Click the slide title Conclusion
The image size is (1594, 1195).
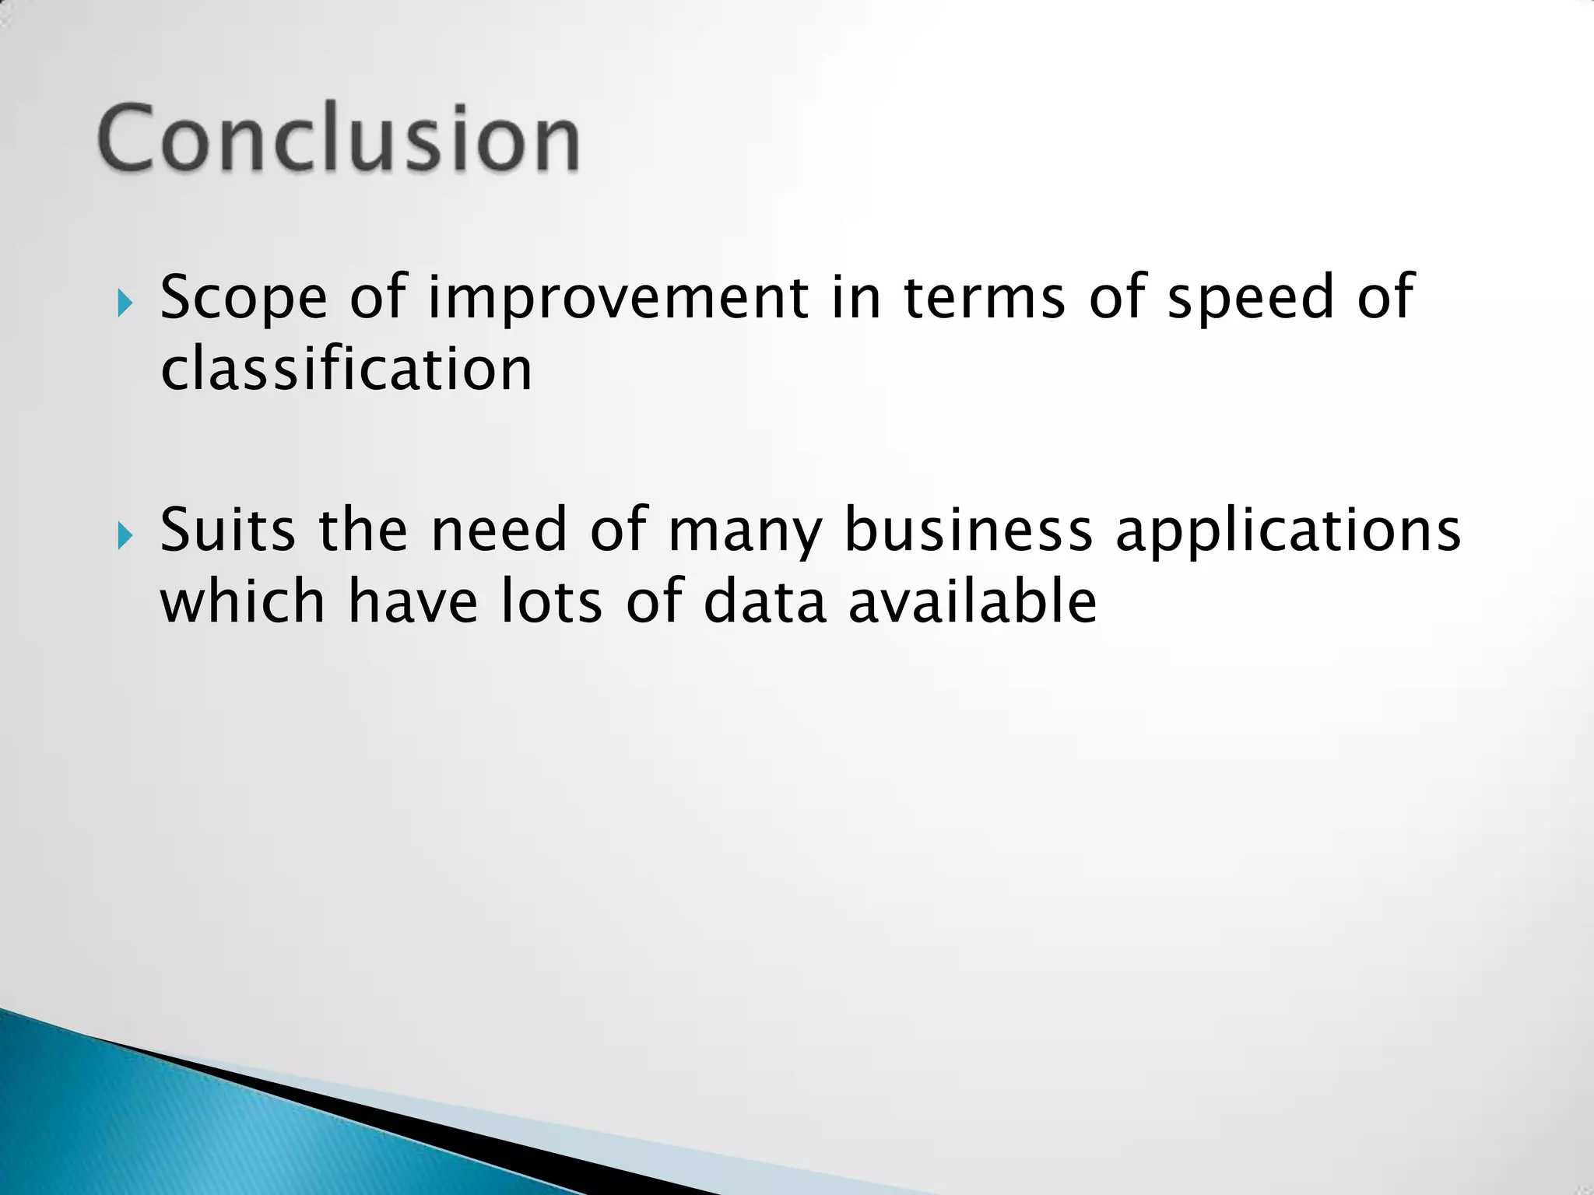(x=339, y=138)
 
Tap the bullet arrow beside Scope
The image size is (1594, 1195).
(x=125, y=303)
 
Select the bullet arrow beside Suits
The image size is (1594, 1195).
(x=125, y=535)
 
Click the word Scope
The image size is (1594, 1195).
(x=244, y=298)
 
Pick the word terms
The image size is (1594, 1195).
(x=984, y=298)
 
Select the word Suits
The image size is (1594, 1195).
(x=227, y=530)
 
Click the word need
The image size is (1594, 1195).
(x=499, y=530)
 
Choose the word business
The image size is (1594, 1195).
(x=968, y=530)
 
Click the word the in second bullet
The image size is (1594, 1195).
(x=363, y=530)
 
